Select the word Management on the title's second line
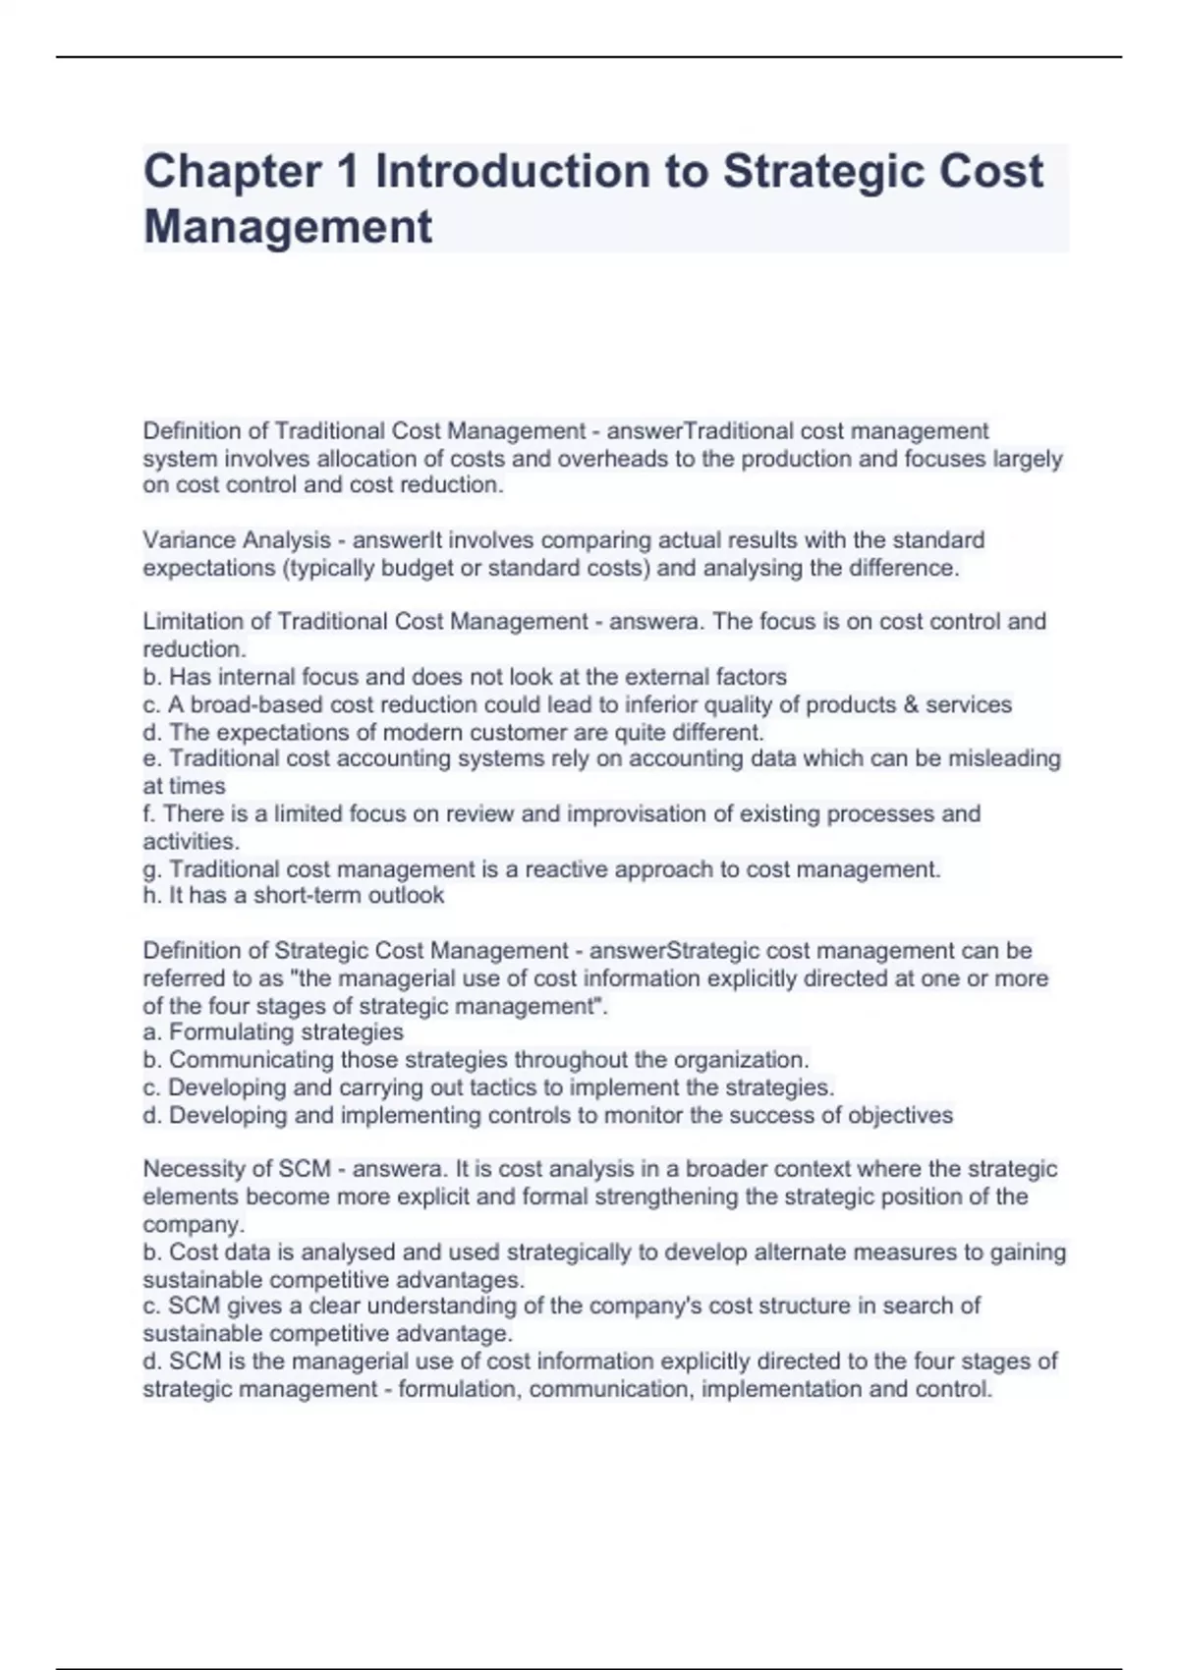(x=288, y=226)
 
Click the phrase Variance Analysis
(x=237, y=540)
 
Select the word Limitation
(x=204, y=622)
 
